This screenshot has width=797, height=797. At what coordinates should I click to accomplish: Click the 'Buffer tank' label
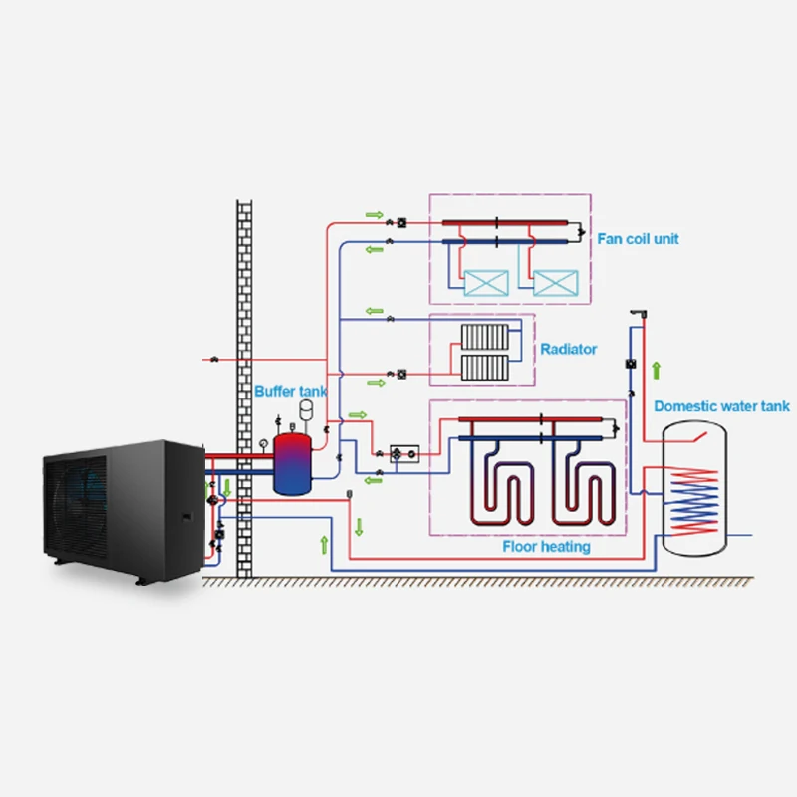pos(290,392)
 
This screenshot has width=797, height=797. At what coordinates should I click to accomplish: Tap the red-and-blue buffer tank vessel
pos(292,463)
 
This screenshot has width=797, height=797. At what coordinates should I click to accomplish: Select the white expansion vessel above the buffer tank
pos(308,406)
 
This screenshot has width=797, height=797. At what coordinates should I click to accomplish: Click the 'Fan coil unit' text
pos(638,239)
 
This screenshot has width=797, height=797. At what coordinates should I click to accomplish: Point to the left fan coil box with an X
pos(488,281)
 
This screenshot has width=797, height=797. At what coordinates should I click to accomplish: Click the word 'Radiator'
pos(569,349)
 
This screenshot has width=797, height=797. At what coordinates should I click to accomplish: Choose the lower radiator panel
pos(485,368)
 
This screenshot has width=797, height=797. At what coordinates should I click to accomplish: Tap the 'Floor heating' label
pos(546,547)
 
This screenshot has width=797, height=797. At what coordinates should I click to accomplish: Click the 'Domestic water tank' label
pos(721,406)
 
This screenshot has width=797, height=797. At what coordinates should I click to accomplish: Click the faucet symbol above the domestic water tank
pos(638,315)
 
